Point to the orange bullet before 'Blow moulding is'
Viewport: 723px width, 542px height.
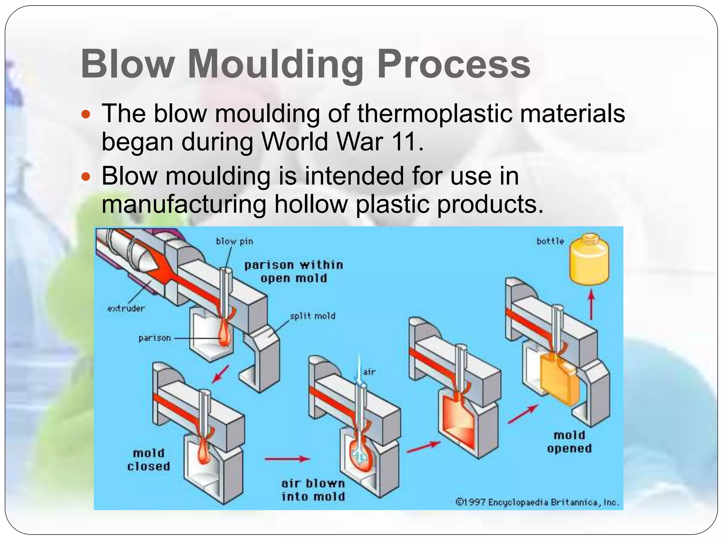(86, 176)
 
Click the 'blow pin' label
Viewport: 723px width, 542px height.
(234, 241)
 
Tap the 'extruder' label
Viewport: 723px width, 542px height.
(126, 308)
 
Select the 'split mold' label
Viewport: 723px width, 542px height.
(312, 316)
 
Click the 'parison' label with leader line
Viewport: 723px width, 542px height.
(155, 338)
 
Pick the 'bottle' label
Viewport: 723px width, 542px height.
(550, 241)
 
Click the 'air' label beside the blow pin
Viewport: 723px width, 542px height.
(369, 372)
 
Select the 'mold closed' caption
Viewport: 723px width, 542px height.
(149, 460)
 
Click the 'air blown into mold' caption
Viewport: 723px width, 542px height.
(313, 490)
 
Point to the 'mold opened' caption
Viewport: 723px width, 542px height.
(569, 442)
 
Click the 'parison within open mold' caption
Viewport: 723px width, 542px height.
(293, 271)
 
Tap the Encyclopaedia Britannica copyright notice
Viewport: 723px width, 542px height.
(537, 502)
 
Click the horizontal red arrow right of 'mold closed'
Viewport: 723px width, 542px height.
(287, 459)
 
